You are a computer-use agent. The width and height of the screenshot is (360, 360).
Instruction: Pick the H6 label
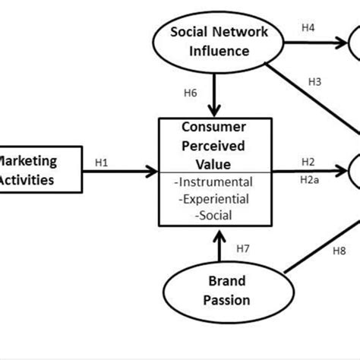tap(192, 93)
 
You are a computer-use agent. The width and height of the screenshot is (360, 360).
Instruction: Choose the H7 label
tap(243, 248)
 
